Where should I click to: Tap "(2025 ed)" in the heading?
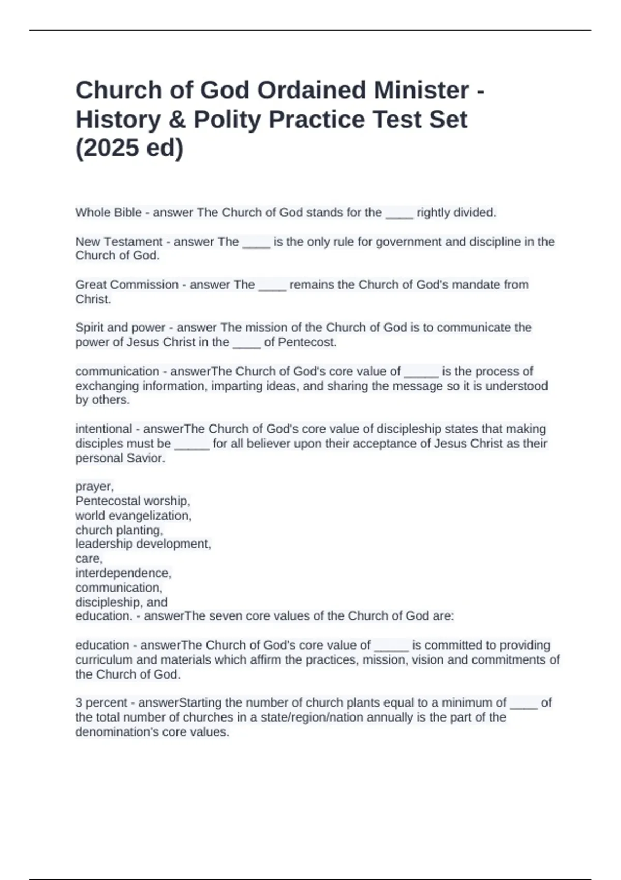(129, 148)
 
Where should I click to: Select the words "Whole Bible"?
(108, 213)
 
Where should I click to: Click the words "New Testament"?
(119, 242)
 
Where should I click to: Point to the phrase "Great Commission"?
(127, 285)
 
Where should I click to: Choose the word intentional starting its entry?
(103, 429)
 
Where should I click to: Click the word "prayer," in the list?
(94, 487)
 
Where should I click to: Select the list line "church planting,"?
(119, 530)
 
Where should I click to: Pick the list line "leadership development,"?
(143, 544)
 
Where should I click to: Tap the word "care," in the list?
(89, 559)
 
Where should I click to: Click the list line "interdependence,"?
(123, 573)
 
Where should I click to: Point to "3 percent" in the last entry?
(101, 703)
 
